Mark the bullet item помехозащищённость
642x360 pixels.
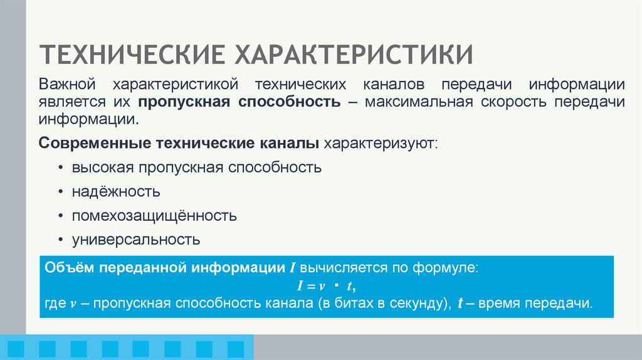click(x=154, y=216)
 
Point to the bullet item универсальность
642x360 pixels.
click(x=135, y=239)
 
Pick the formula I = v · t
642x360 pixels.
click(x=326, y=286)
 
